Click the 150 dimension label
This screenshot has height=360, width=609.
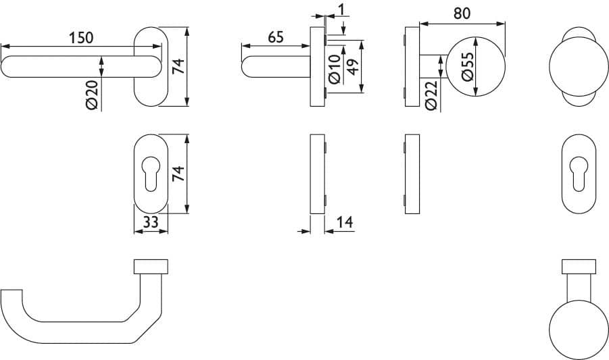coord(81,38)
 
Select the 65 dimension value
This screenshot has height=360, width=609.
coord(276,37)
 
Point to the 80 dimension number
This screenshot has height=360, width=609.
coord(462,14)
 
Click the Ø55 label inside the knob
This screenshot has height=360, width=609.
coord(468,66)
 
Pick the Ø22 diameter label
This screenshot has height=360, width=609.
coord(431,95)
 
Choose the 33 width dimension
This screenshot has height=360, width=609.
coord(151,222)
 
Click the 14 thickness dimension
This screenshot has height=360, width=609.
coord(345,222)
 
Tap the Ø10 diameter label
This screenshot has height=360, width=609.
coord(335,69)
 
